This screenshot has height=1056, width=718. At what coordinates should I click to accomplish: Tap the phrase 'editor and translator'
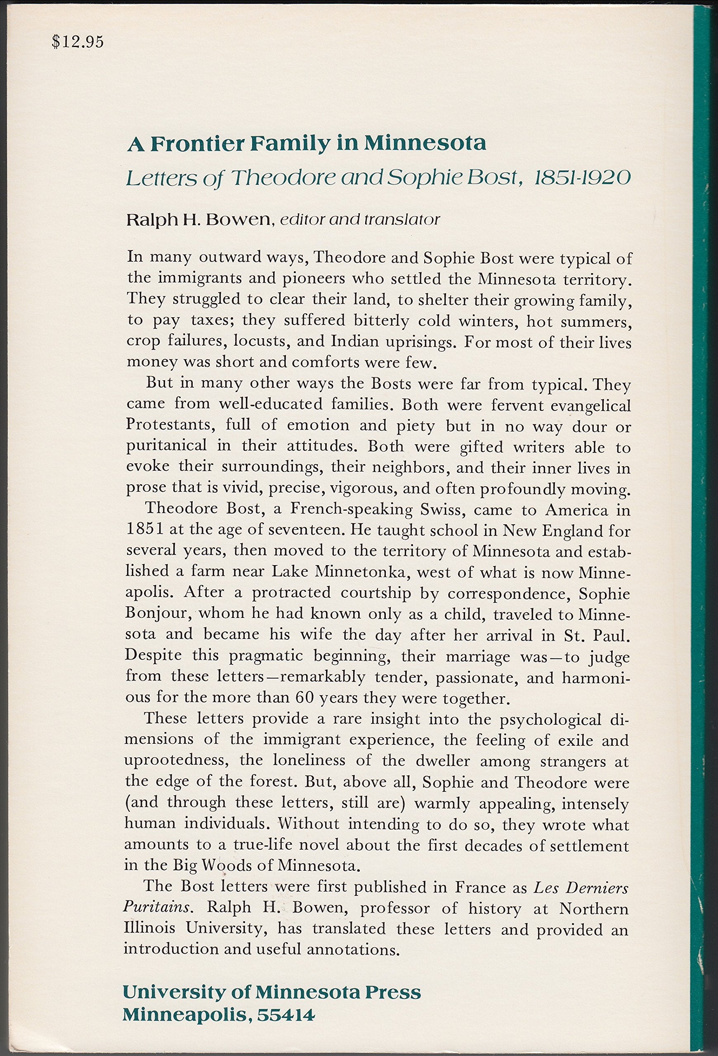360,219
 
